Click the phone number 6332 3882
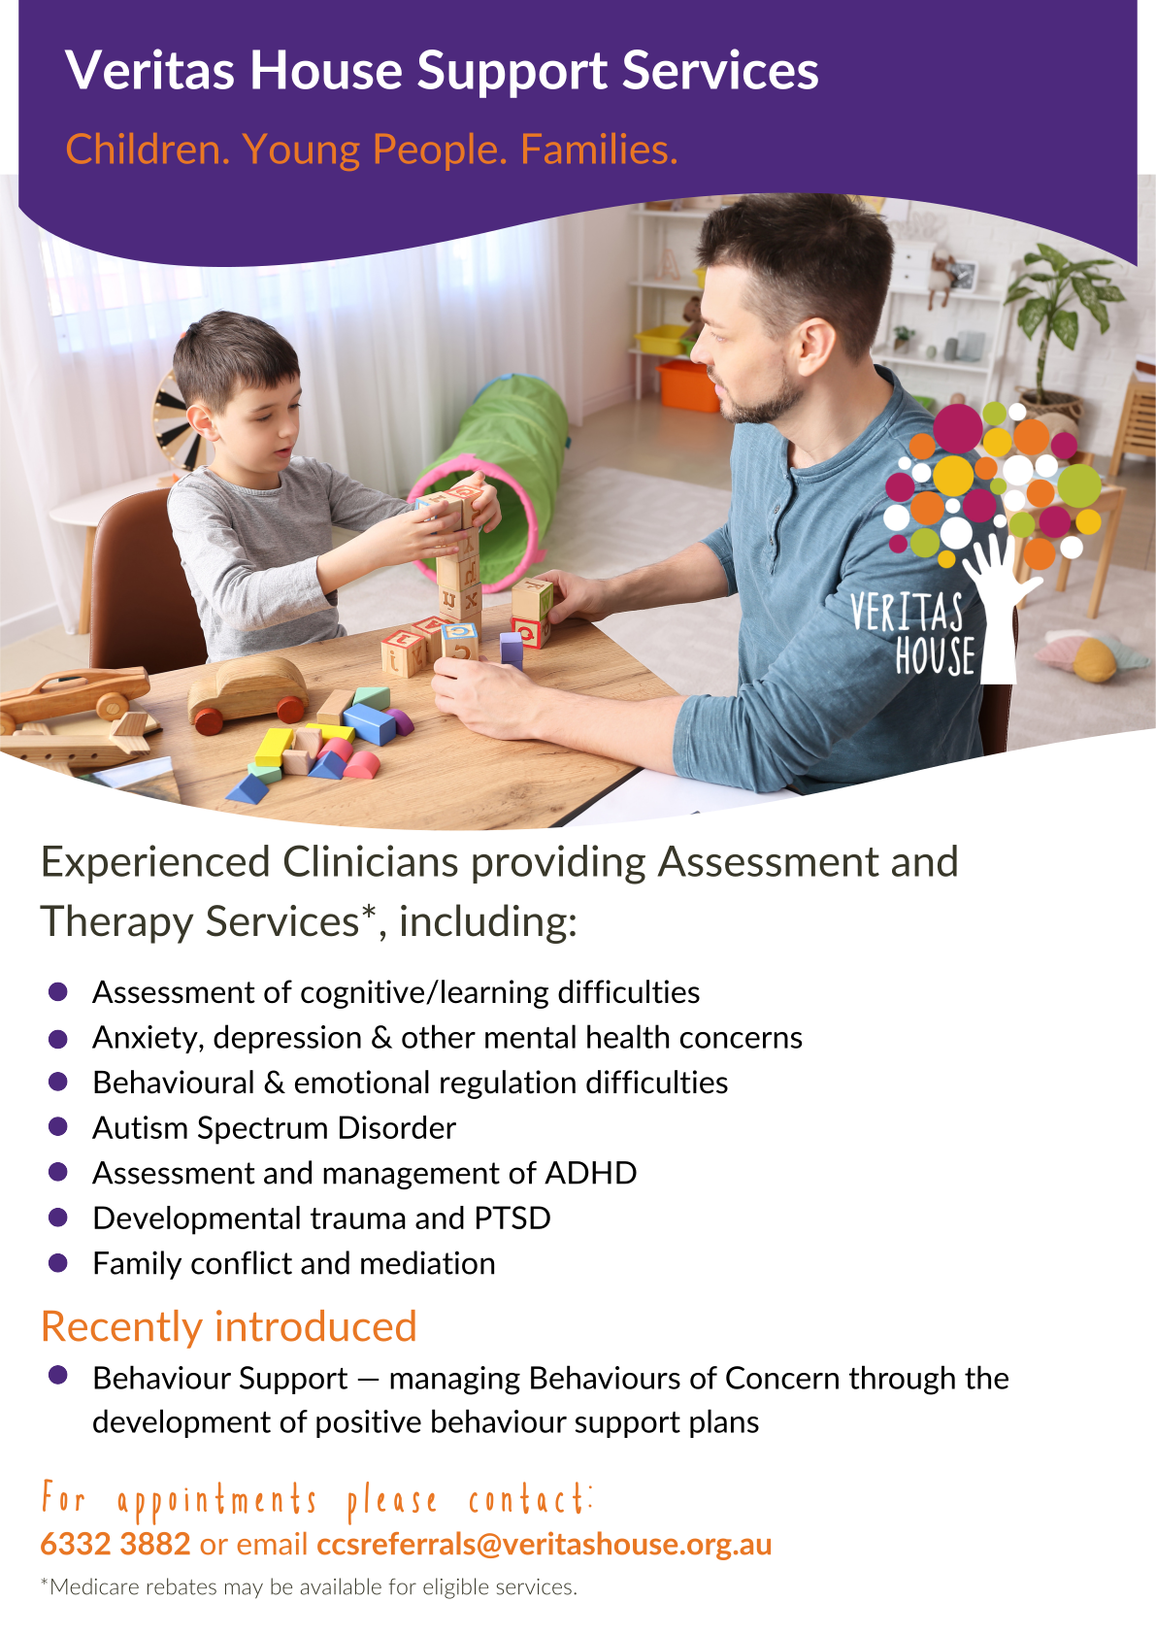click(116, 1544)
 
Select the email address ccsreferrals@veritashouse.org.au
click(544, 1545)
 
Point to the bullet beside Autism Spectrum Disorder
click(57, 1126)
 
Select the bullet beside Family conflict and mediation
click(57, 1262)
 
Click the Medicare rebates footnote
click(309, 1586)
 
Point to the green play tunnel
click(495, 475)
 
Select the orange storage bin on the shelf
click(687, 384)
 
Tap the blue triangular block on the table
click(248, 789)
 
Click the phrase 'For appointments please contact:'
click(317, 1499)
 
